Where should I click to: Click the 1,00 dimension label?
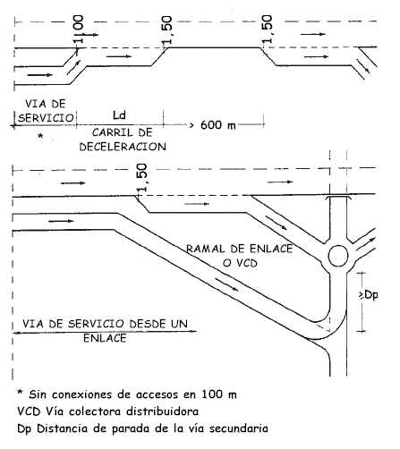79,30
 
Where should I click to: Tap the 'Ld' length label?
119,115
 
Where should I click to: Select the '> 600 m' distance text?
213,125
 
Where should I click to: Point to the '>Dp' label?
369,295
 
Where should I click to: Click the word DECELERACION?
123,147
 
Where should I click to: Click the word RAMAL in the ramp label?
206,249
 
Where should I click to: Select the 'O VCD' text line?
240,263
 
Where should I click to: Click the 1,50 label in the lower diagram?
142,178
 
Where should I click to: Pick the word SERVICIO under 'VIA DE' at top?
46,118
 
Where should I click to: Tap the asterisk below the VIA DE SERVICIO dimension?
40,136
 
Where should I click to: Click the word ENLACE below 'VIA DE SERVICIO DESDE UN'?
105,338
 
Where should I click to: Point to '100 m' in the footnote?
219,394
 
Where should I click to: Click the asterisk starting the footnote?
20,393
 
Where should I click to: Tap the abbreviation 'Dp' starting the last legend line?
24,429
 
